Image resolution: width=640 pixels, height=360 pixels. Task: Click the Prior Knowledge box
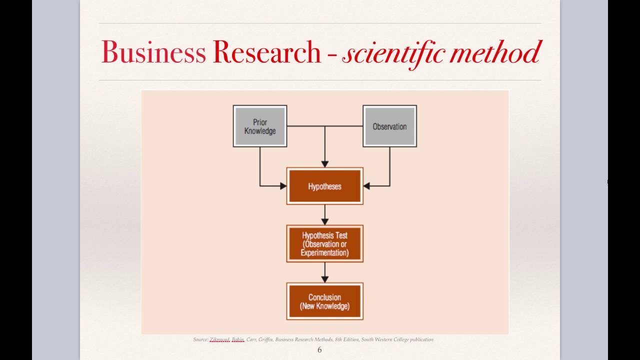tap(260, 126)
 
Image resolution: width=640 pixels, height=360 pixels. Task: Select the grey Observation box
tap(389, 126)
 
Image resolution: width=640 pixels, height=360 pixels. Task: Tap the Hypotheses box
tap(324, 186)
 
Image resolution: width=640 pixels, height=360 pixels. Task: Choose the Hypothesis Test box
tap(324, 243)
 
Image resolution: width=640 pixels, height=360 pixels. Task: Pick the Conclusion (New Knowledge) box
tap(324, 301)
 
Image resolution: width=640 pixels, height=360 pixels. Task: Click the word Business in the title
tap(153, 52)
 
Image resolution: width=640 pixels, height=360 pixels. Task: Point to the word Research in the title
tap(266, 52)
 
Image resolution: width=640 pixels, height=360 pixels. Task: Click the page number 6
tap(319, 350)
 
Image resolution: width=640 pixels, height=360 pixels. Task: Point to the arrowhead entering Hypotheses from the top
tap(324, 163)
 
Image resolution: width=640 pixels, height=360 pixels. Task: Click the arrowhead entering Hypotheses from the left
tap(282, 186)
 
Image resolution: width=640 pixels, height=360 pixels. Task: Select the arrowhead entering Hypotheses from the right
tap(366, 186)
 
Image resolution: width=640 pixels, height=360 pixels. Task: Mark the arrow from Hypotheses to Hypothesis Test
tap(324, 215)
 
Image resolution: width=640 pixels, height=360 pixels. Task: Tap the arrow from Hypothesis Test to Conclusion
tap(324, 272)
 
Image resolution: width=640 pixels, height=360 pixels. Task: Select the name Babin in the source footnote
tap(238, 339)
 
